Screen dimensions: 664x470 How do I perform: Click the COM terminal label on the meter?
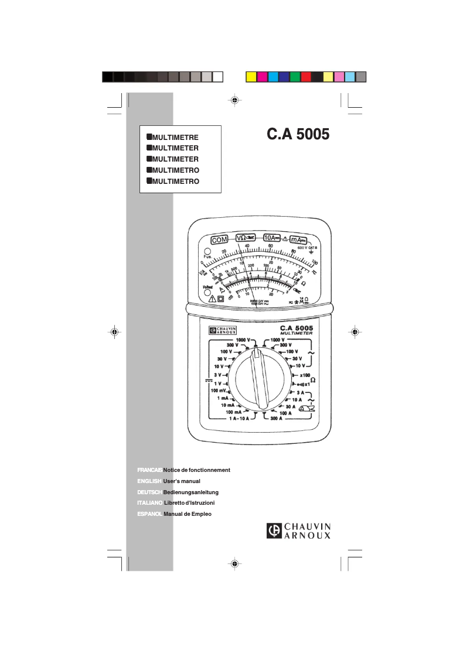coord(219,239)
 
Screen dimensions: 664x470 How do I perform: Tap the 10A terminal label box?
coord(271,238)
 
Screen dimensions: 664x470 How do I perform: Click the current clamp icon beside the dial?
coord(306,409)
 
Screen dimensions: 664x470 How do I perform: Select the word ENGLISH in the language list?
coord(149,481)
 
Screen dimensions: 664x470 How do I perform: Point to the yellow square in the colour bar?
coord(250,77)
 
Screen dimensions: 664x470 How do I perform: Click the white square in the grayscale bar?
coord(217,77)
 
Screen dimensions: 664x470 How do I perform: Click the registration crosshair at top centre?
coord(234,100)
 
